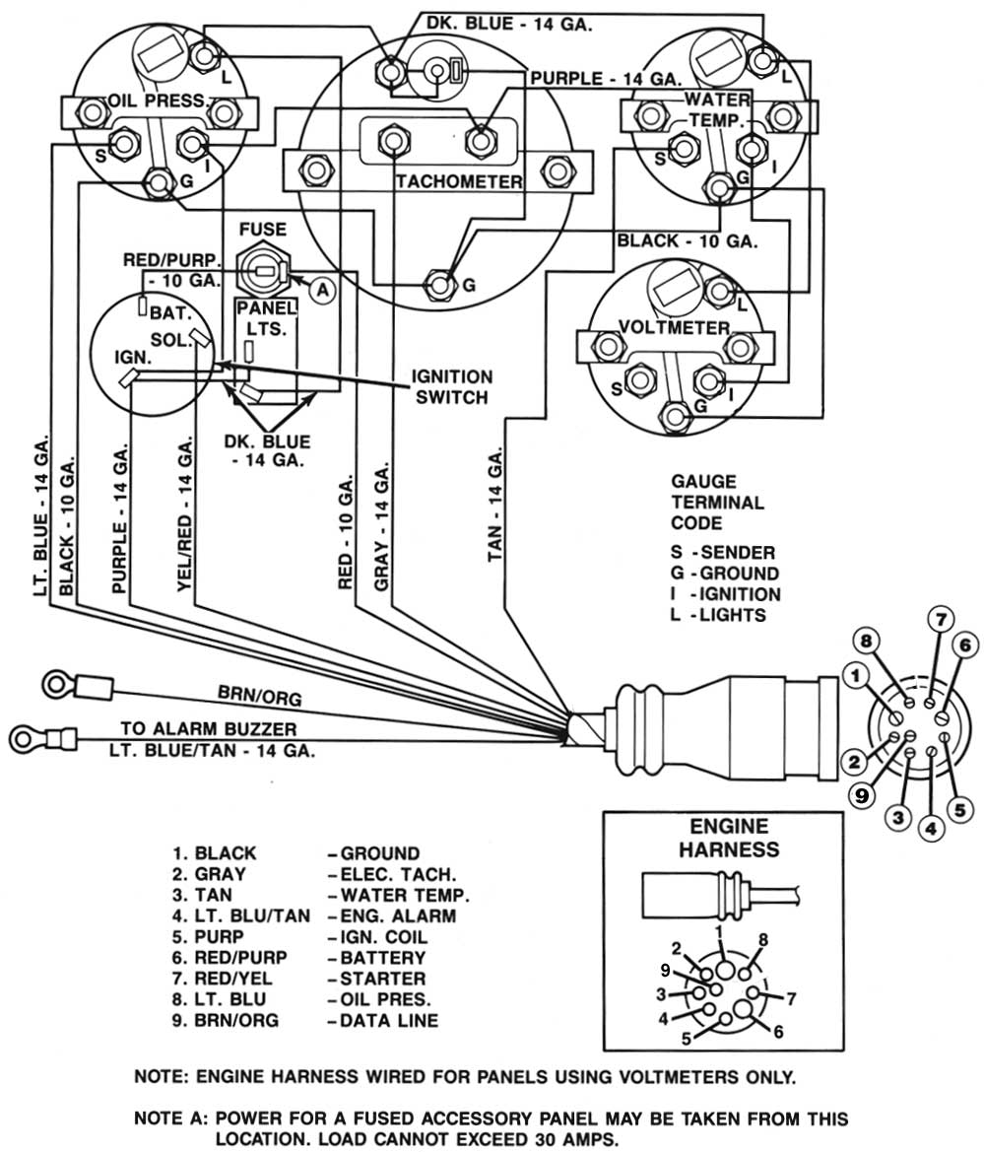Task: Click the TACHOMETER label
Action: [x=458, y=182]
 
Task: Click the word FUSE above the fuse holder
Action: [x=263, y=230]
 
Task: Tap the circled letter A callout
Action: [x=320, y=289]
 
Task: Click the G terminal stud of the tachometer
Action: [x=439, y=285]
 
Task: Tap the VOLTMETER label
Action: [x=674, y=327]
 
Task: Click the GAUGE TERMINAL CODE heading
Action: [x=717, y=502]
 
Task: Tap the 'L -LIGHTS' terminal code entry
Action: [x=718, y=615]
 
